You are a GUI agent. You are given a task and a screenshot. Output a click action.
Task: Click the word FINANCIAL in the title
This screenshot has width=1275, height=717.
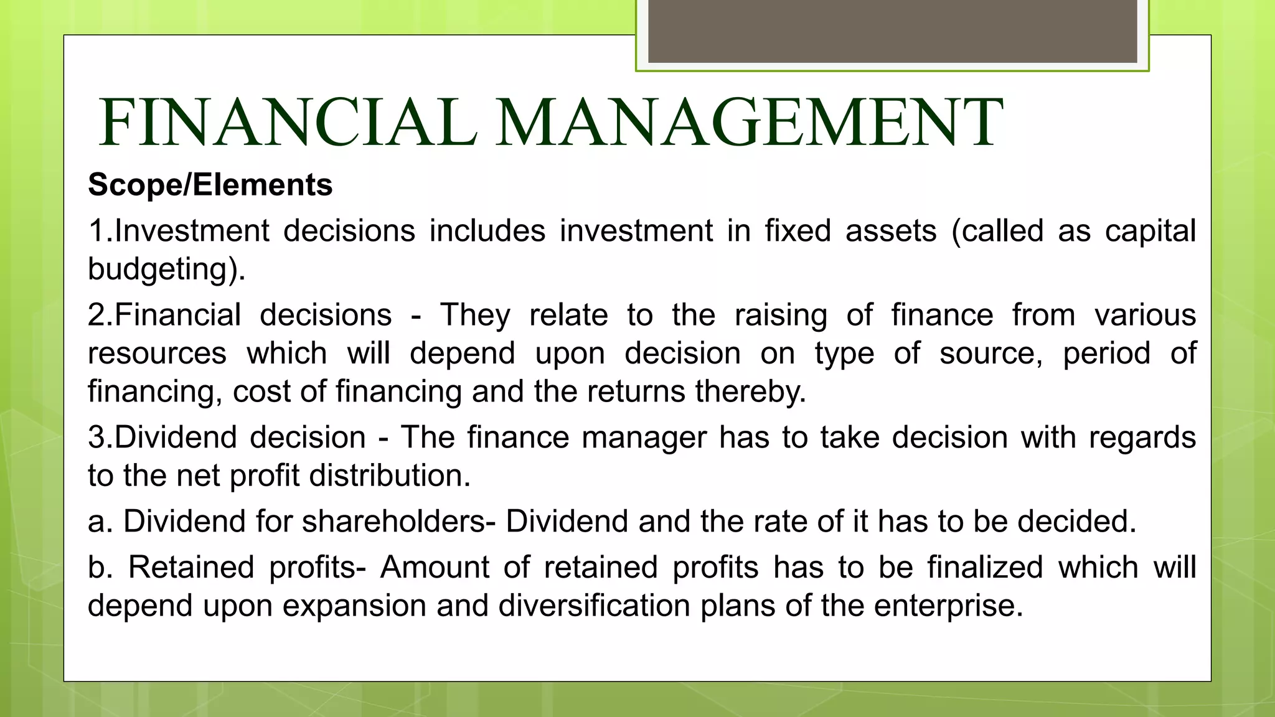point(288,123)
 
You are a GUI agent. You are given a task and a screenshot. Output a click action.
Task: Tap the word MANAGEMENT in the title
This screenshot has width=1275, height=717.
point(748,123)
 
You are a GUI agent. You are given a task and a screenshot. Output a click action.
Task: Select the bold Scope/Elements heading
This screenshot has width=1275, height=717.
point(210,185)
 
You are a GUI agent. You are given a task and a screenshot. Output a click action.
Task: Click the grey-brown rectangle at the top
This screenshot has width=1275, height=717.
point(892,31)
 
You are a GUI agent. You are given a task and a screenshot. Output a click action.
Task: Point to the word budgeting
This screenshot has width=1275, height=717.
point(164,269)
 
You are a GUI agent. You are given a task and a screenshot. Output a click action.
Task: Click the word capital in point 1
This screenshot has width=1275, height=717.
point(1150,231)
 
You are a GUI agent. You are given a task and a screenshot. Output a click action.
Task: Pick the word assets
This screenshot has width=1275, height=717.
point(890,231)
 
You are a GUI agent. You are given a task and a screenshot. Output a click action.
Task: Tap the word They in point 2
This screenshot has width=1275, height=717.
point(475,315)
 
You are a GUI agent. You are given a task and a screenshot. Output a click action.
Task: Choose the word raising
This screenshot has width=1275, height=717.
point(781,315)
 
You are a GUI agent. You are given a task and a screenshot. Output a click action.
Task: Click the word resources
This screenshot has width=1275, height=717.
point(157,354)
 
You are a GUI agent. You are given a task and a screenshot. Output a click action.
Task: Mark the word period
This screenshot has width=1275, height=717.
point(1106,354)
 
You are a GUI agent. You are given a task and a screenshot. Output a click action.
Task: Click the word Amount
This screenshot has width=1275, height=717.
point(435,568)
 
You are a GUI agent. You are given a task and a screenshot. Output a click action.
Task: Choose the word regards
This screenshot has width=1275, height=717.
point(1142,437)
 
